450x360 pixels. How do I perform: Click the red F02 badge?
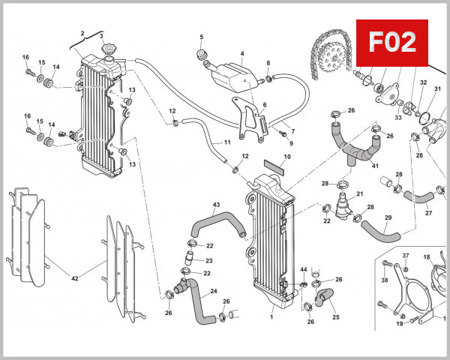[394, 42]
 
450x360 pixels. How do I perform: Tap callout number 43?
[216, 205]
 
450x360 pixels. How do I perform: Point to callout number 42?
[74, 278]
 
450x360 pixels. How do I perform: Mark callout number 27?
[429, 212]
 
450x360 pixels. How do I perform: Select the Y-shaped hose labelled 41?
[352, 142]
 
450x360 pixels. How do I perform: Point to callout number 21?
[360, 194]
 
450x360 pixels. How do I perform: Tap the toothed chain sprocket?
[328, 52]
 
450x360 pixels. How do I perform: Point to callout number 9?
[291, 142]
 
